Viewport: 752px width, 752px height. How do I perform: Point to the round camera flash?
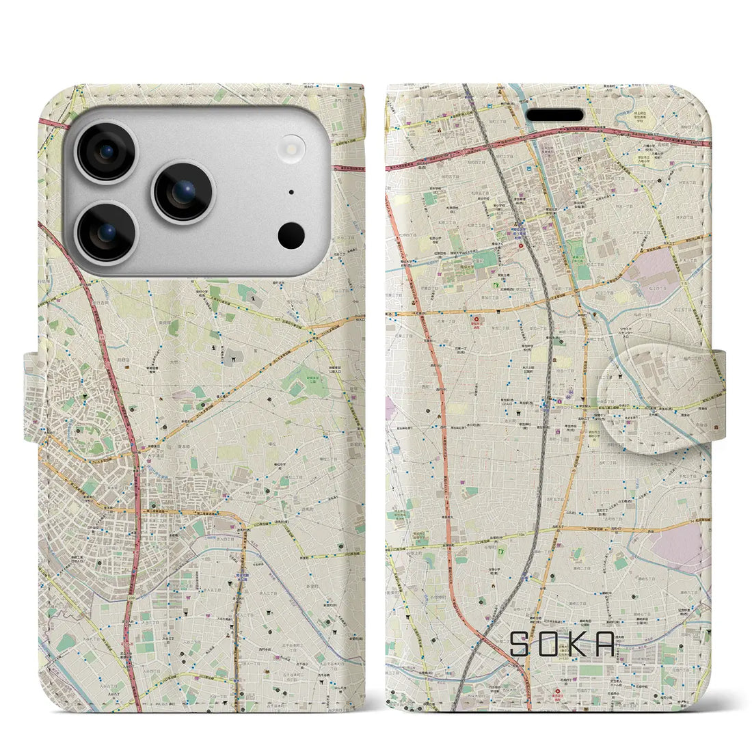pyautogui.click(x=292, y=147)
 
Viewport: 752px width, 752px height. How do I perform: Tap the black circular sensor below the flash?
pyautogui.click(x=291, y=235)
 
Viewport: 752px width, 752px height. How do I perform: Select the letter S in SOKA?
pyautogui.click(x=520, y=643)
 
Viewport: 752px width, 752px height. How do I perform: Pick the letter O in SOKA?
pyautogui.click(x=549, y=643)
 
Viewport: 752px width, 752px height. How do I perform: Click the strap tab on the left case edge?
pyautogui.click(x=32, y=397)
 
